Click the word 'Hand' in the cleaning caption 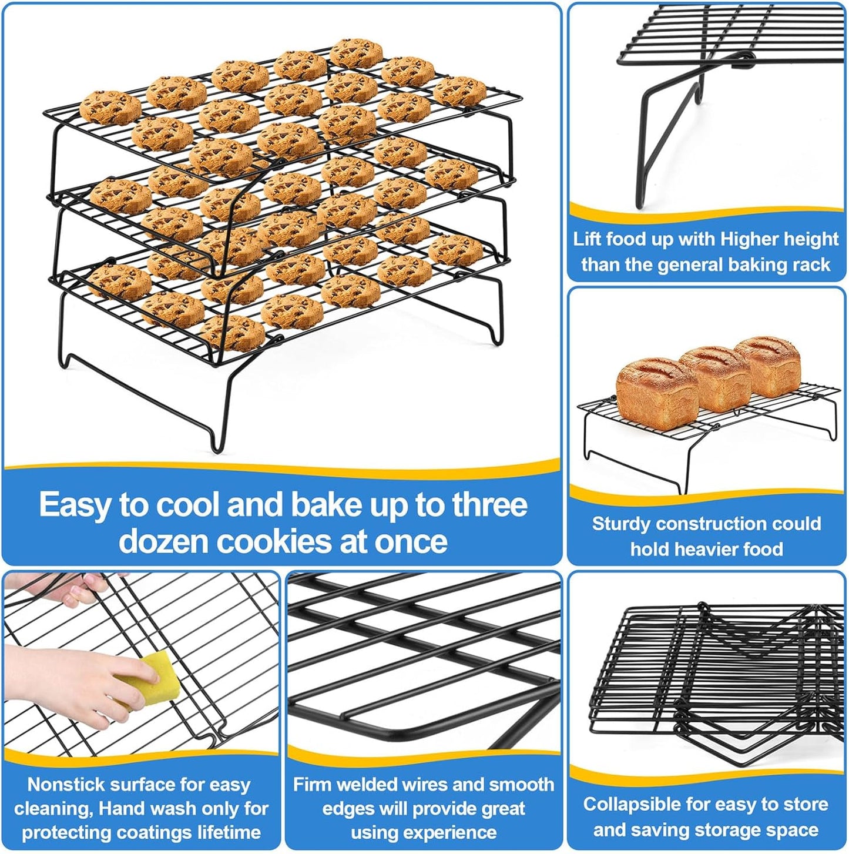click(119, 809)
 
